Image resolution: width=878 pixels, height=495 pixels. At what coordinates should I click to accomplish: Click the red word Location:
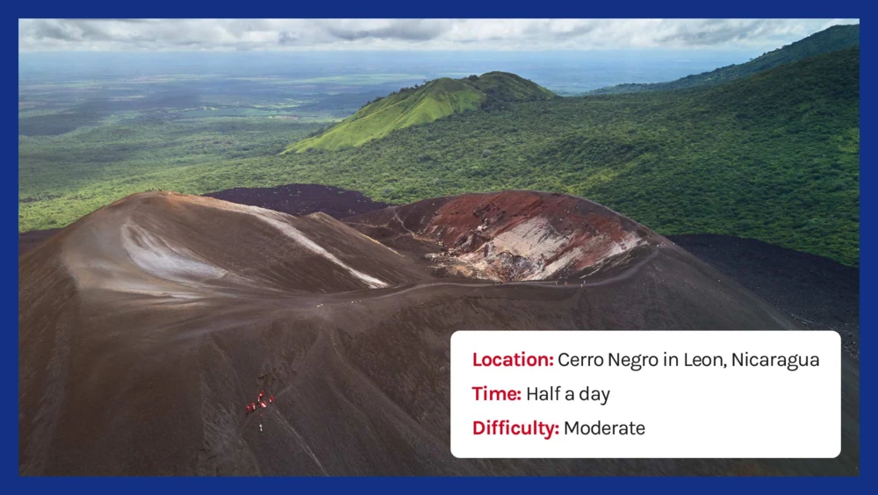(513, 360)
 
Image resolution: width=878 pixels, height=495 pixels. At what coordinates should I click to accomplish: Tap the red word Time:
(497, 394)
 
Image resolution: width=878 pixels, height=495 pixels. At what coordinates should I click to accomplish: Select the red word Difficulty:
(515, 428)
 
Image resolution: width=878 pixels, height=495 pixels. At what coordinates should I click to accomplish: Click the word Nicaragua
(775, 360)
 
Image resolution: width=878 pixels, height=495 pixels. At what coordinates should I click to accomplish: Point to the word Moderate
(604, 428)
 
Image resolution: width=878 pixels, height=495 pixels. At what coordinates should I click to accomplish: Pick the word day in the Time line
(594, 395)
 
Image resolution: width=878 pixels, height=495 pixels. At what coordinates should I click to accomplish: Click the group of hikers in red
(260, 401)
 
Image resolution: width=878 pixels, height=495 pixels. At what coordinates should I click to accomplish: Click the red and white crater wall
(529, 238)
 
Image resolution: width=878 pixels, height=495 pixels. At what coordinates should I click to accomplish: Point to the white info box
(645, 394)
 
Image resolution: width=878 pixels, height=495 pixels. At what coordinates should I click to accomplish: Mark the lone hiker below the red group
(261, 427)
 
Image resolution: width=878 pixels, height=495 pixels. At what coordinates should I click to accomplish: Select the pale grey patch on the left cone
(168, 255)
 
